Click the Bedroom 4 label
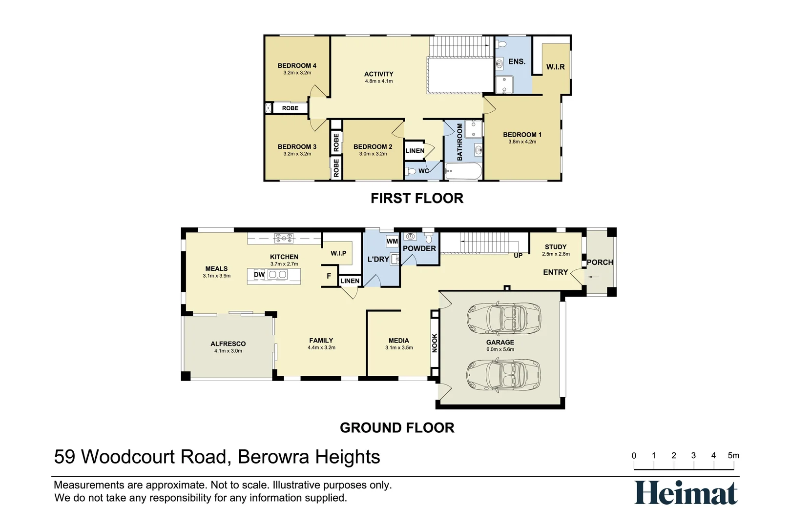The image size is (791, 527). pos(297,65)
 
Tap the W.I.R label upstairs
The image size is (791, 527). pos(555,67)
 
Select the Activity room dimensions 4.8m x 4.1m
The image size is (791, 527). pos(378,81)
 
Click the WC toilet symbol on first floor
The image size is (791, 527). pos(411,171)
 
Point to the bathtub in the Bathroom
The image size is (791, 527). pos(463,172)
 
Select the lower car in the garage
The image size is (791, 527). pos(503,374)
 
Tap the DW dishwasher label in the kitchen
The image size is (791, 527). pos(259,275)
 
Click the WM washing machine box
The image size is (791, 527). pos(392,241)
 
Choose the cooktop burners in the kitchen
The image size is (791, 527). pos(284,238)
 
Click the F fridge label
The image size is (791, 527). pos(329,276)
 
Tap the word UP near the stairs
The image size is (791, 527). pos(518,256)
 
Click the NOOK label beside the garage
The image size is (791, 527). pos(435,343)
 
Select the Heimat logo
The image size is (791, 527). pos(686,493)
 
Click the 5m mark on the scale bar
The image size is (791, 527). pos(733,456)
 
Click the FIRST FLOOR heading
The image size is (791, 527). pos(416,198)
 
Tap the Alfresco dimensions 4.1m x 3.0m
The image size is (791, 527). pos(228,351)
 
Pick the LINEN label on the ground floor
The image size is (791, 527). pos(350,281)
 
